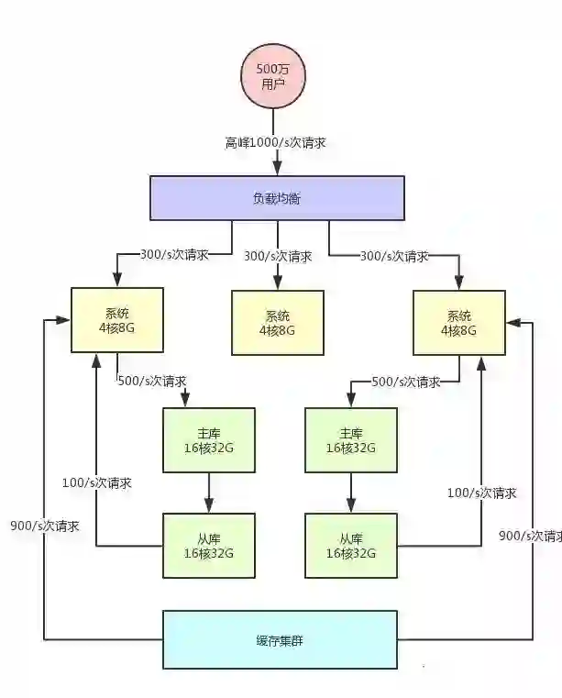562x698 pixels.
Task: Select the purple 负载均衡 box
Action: coord(277,197)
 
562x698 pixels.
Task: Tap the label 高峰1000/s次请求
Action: coord(277,143)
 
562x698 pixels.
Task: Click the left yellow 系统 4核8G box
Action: coord(117,321)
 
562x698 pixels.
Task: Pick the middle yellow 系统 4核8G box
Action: coord(277,323)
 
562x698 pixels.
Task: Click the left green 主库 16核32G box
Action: coord(209,440)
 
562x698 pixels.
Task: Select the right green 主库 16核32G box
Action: coord(351,440)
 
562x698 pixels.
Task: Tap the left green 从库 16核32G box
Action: coord(209,546)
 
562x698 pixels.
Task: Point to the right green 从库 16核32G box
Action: coord(351,546)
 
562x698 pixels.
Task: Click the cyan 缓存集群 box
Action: coord(281,639)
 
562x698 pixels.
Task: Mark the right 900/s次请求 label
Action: coord(530,536)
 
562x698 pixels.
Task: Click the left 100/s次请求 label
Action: coord(95,482)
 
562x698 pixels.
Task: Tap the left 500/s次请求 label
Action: coord(152,381)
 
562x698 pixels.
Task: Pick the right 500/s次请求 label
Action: coord(404,381)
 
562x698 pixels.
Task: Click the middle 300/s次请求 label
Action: coord(277,256)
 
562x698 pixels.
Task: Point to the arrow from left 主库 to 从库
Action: coord(209,493)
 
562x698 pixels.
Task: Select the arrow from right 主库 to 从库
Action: coord(351,493)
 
